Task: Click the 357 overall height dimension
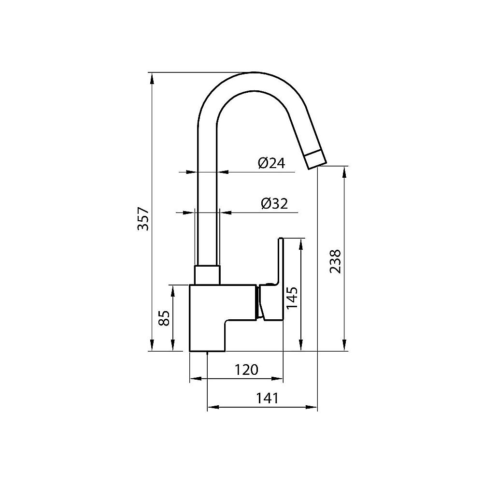[x=142, y=218]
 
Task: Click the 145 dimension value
[x=292, y=300]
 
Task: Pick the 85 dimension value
[x=164, y=318]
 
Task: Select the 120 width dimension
[x=247, y=370]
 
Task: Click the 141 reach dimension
[x=267, y=398]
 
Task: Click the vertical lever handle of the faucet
[x=280, y=261]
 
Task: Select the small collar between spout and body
[x=207, y=275]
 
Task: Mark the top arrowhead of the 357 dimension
[x=152, y=77]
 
